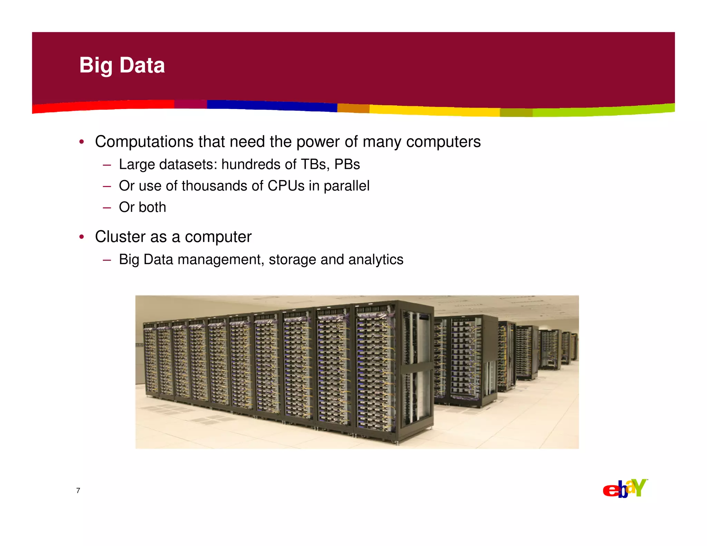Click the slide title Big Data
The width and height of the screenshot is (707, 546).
tap(122, 65)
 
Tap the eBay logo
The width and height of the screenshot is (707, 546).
tap(625, 488)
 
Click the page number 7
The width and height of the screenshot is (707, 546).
tap(78, 490)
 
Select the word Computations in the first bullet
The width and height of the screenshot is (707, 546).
tap(144, 142)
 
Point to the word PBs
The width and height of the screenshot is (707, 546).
tap(347, 165)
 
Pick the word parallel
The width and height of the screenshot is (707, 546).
tap(347, 186)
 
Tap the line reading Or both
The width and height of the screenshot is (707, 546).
tap(142, 207)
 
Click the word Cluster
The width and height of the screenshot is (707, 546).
tap(120, 237)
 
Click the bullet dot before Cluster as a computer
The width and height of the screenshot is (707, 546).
tap(81, 237)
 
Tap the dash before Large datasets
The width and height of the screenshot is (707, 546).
tap(107, 165)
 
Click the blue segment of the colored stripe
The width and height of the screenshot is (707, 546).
tap(273, 106)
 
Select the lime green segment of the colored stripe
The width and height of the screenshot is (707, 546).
tap(604, 110)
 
